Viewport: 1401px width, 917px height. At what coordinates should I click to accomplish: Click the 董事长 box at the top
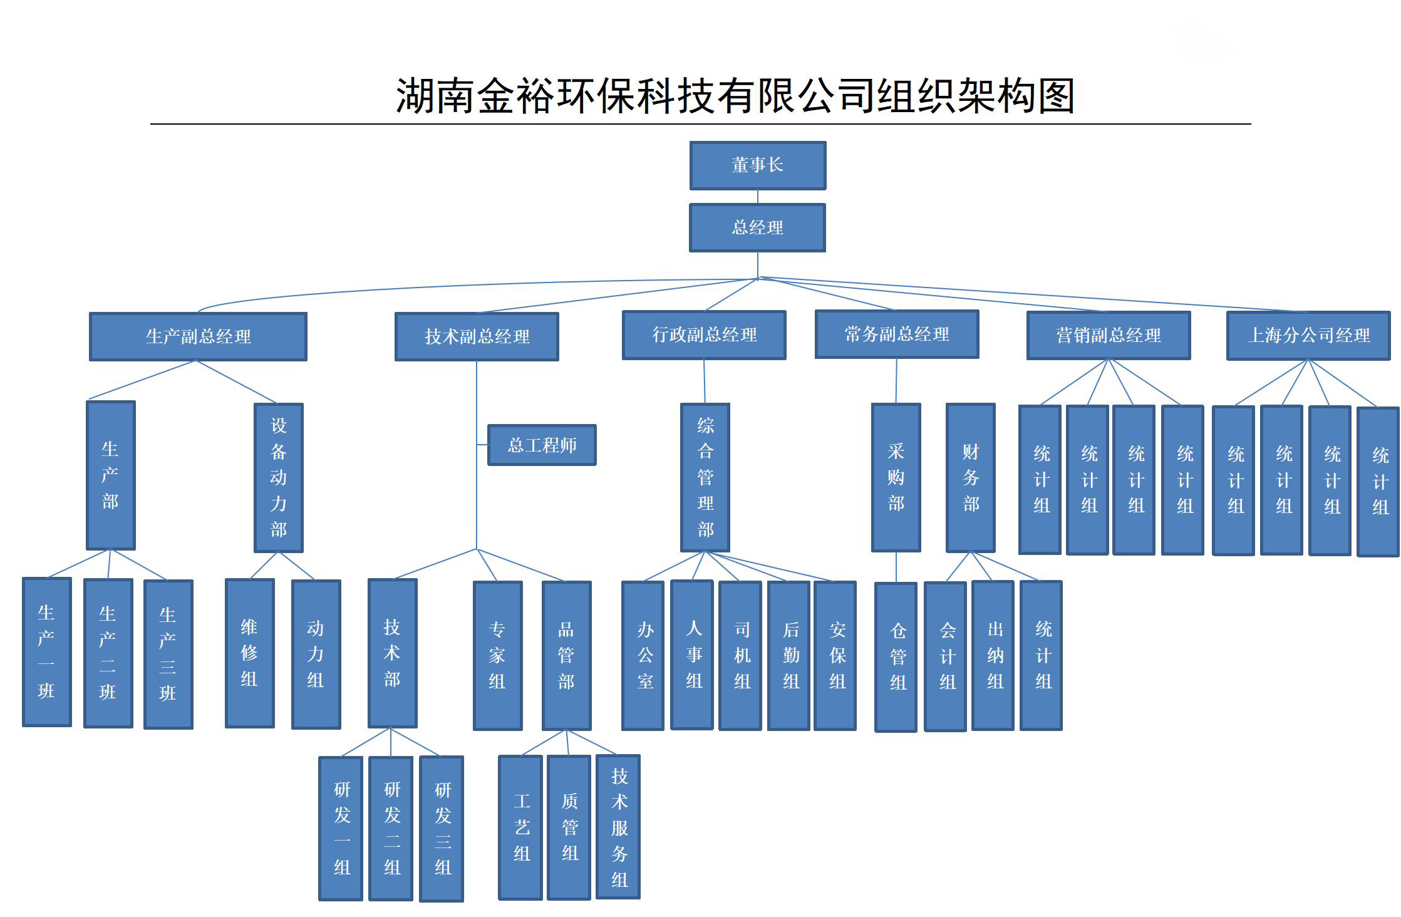757,165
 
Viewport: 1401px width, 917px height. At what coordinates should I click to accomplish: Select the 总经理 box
757,227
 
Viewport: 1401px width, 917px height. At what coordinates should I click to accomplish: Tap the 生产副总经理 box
198,336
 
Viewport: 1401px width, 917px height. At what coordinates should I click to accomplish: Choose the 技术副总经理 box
477,336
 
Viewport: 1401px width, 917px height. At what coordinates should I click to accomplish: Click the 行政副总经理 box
704,335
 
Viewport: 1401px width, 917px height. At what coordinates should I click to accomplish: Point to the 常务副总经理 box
896,334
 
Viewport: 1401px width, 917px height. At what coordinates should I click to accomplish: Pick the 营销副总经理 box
1108,335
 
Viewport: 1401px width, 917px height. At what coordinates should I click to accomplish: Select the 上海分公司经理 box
1308,335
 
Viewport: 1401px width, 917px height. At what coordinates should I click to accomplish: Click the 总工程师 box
542,445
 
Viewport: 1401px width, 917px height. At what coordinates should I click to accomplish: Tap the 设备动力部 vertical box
278,477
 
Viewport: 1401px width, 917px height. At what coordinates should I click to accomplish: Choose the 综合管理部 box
705,477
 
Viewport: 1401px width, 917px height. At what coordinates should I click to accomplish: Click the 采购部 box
896,477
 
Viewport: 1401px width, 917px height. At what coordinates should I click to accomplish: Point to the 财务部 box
970,477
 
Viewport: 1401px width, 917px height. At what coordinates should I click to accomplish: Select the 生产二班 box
108,653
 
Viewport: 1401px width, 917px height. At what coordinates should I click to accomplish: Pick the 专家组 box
497,655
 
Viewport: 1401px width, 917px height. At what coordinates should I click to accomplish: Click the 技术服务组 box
618,827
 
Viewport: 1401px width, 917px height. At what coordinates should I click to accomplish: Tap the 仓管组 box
896,656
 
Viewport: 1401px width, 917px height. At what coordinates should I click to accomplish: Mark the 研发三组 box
442,829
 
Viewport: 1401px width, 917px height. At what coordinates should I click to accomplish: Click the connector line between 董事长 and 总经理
758,197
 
